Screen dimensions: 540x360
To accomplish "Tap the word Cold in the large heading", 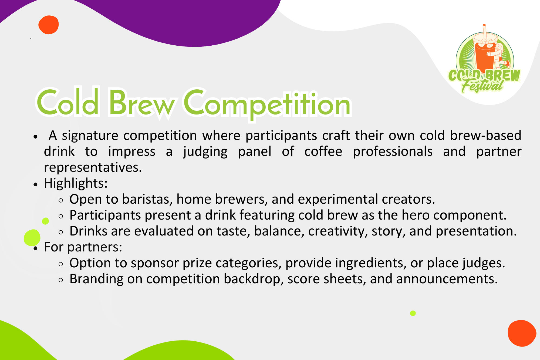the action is pos(68,102).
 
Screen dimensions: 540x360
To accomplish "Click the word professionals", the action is pos(393,152).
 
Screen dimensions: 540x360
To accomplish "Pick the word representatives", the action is pos(93,167).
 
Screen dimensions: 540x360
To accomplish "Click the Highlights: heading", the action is pos(76,183).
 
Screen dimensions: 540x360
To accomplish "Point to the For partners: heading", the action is pos(83,247).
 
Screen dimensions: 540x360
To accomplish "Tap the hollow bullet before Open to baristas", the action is pos(61,200).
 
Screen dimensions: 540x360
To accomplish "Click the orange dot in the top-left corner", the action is pos(49,25).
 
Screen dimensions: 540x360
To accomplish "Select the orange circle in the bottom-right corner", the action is pos(522,333).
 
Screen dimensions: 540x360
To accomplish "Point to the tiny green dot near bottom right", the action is pos(413,313).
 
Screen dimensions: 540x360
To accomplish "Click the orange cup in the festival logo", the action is pos(485,54).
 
